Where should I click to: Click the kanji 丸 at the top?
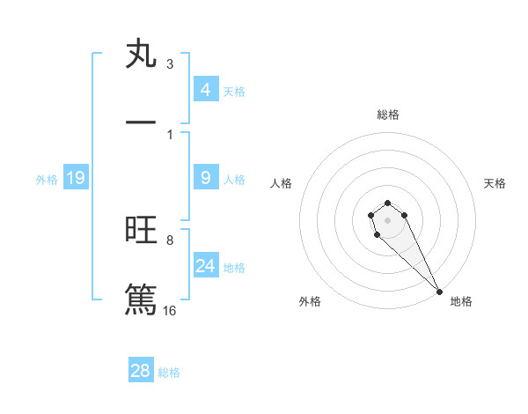(142, 54)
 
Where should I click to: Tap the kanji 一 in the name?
(142, 120)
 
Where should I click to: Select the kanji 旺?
(142, 231)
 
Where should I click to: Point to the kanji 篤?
(142, 297)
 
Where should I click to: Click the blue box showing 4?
(206, 89)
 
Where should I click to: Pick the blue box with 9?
(206, 178)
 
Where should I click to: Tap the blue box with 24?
(206, 266)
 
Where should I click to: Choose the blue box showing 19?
(76, 179)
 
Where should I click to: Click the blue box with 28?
(141, 371)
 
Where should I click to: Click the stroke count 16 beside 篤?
(170, 310)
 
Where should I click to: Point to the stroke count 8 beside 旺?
(170, 240)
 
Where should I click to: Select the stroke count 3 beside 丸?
(170, 64)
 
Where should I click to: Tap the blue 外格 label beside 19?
(47, 180)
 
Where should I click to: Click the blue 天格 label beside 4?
(234, 91)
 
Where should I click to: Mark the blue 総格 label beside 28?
(169, 373)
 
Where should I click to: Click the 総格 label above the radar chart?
(388, 115)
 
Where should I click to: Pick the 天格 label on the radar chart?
(495, 183)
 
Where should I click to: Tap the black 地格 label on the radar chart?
(461, 301)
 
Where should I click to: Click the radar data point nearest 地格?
(439, 292)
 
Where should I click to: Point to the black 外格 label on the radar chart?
(310, 301)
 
